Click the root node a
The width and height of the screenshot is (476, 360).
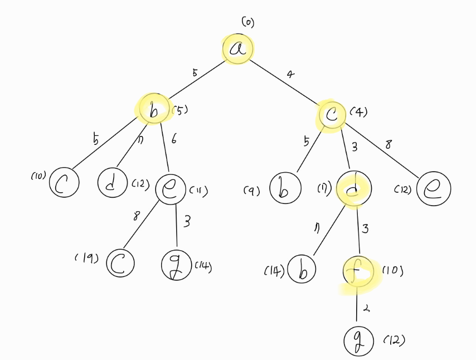tap(238, 48)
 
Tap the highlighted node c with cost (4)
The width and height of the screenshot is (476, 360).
tap(332, 116)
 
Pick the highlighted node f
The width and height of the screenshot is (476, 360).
tap(357, 273)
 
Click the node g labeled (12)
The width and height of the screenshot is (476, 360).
tap(358, 341)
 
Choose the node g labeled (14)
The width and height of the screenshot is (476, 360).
tap(176, 265)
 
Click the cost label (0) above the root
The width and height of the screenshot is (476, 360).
tap(247, 22)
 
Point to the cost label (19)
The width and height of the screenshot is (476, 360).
tap(86, 258)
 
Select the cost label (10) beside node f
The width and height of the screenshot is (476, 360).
tap(392, 271)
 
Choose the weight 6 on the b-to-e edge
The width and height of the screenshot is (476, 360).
tap(174, 140)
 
